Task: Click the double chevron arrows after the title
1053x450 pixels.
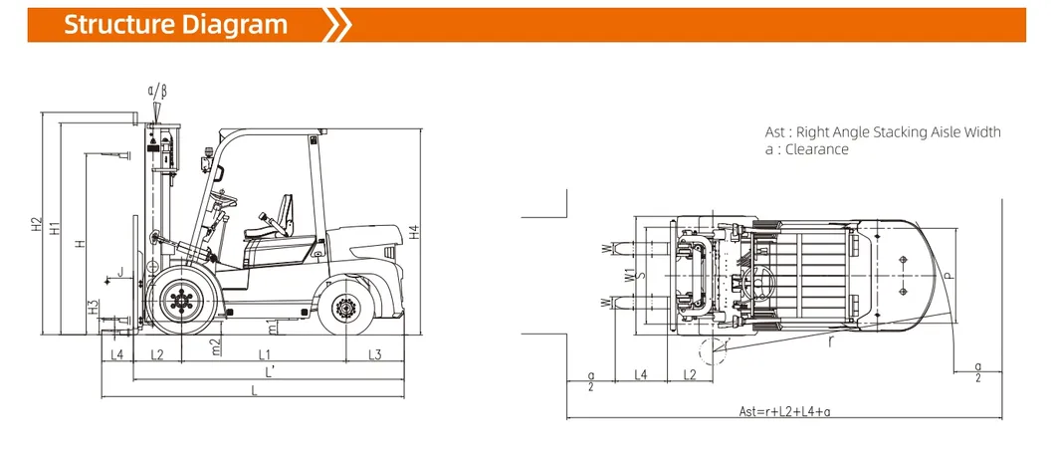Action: tap(339, 25)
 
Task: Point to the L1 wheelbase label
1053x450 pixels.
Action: tap(265, 354)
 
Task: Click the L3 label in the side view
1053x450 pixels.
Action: tap(374, 354)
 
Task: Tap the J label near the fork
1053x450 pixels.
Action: tap(120, 271)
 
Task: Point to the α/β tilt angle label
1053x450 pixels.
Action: tap(157, 92)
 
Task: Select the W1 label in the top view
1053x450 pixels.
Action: tap(629, 275)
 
